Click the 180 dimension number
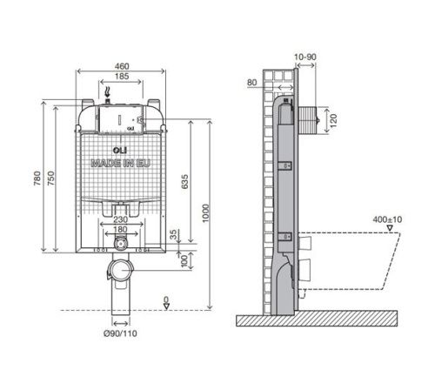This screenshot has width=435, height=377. (x=119, y=230)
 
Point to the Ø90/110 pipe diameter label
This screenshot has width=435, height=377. (x=121, y=330)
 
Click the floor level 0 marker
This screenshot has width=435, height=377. (x=165, y=300)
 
